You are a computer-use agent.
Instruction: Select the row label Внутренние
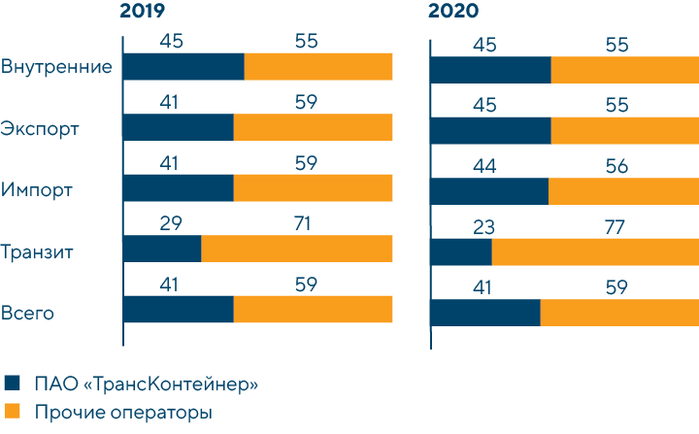[x=57, y=67]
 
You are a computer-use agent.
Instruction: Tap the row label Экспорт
[x=40, y=129]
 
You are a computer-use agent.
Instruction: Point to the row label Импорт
[x=37, y=190]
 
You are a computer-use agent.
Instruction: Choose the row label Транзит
[x=40, y=251]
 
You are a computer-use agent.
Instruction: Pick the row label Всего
[x=27, y=313]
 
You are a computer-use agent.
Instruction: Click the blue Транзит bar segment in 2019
[x=162, y=249]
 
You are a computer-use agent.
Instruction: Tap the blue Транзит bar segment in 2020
[x=461, y=250]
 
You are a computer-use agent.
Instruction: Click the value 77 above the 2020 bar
[x=614, y=228]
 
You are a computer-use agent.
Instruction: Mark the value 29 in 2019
[x=171, y=225]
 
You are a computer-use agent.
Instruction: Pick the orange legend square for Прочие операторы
[x=13, y=413]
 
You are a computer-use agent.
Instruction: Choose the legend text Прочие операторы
[x=123, y=414]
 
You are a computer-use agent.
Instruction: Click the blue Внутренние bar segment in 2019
[x=183, y=67]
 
